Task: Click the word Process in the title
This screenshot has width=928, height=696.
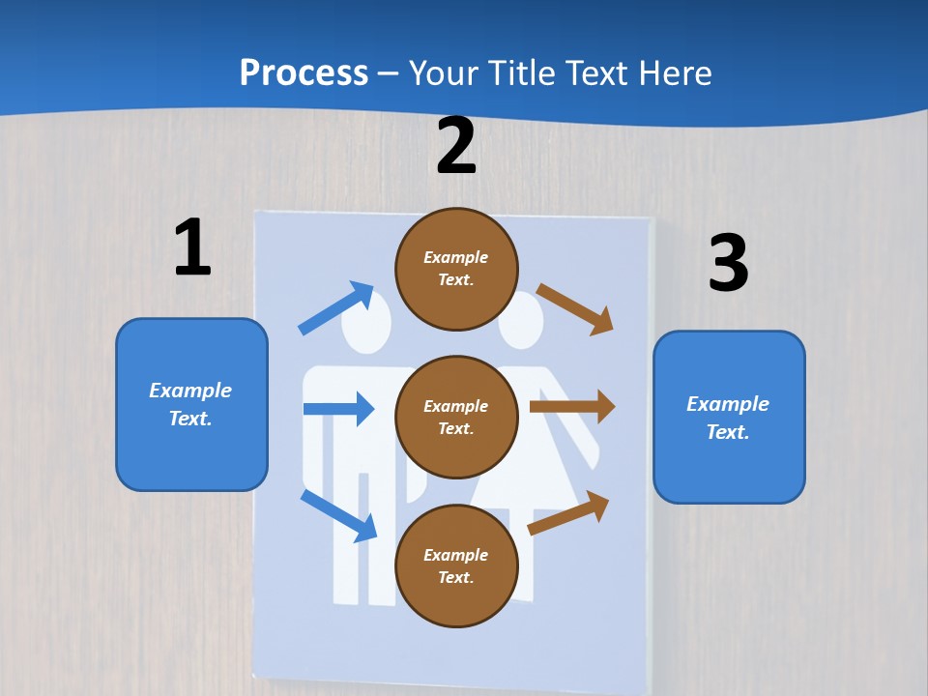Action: coord(304,72)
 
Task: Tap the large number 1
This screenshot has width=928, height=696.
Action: coord(192,247)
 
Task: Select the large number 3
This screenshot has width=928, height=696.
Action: coord(728,263)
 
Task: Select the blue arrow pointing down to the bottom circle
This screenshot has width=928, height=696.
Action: coord(339,515)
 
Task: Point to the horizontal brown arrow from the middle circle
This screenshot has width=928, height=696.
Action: coord(571,406)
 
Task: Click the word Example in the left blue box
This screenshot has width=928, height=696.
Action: coord(190,391)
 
